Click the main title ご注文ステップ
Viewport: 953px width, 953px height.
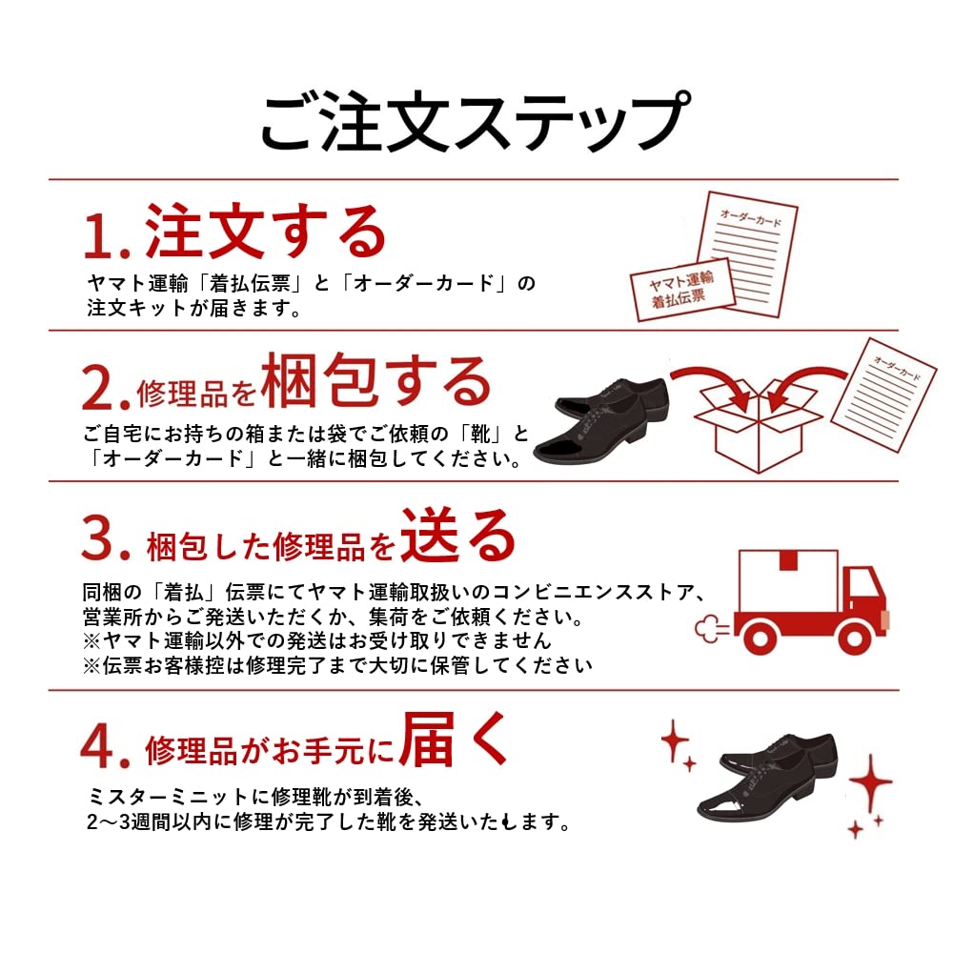coord(474,123)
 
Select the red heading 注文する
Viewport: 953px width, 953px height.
coord(266,231)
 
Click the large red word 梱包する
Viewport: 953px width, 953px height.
coord(376,382)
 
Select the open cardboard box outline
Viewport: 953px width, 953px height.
coord(757,428)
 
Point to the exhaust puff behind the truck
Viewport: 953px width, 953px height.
coord(713,625)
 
